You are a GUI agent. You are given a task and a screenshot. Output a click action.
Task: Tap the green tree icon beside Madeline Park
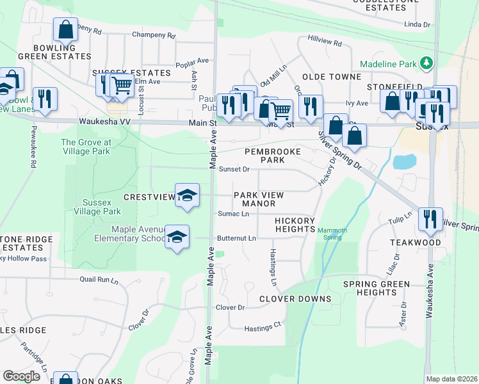coord(426,64)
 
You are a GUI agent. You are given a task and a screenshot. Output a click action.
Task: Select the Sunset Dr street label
coord(234,170)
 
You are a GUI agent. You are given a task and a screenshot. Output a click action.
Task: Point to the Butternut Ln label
coord(236,238)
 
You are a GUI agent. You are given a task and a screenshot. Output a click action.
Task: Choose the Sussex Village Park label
coord(97,207)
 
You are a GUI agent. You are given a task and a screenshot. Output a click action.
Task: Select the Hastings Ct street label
coord(263,326)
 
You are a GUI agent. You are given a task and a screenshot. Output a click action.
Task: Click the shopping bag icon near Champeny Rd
coord(65,29)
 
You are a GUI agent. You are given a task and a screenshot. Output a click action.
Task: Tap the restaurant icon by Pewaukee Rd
coord(45,98)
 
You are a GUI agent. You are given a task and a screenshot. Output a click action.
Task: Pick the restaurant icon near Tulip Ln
coord(430,219)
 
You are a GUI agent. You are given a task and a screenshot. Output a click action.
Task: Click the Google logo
coord(22,376)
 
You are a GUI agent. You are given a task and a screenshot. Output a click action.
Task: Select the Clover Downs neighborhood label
coord(295,299)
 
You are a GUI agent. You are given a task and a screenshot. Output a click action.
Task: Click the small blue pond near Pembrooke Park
coord(405,161)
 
